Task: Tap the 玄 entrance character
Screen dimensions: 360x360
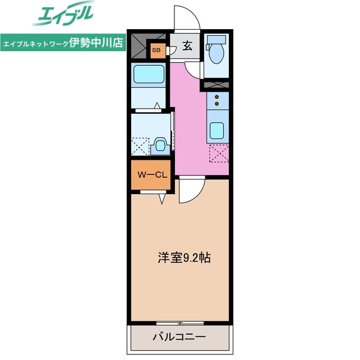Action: [x=187, y=46]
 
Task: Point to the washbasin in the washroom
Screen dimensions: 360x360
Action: [x=160, y=147]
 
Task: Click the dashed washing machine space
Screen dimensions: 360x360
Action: [x=141, y=146]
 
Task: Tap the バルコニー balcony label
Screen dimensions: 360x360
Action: [x=179, y=337]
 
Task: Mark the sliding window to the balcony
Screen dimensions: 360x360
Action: [x=180, y=322]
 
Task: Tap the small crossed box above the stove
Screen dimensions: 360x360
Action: [x=217, y=85]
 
